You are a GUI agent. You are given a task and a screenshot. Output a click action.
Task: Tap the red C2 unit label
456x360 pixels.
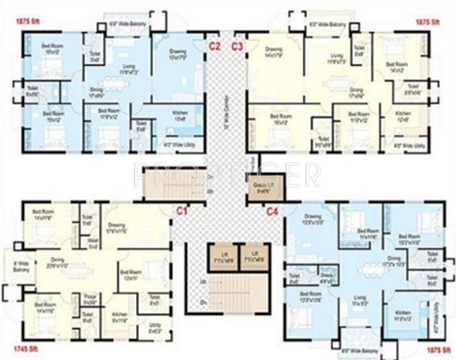point(214,46)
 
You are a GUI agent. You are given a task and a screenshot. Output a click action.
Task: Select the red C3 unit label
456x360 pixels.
point(237,46)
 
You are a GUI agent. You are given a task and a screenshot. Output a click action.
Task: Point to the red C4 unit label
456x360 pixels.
point(272,211)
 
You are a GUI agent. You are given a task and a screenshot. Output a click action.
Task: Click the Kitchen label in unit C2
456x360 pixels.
point(180,115)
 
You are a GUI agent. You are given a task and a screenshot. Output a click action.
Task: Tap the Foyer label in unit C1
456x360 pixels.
point(93,244)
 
